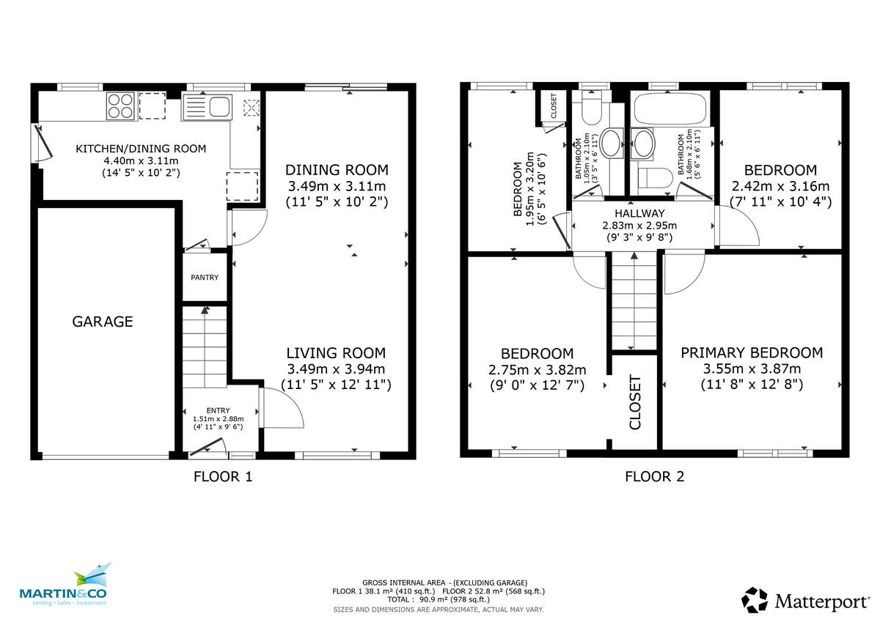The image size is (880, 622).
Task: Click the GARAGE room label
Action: click(x=103, y=322)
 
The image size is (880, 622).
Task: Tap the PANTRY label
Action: click(x=205, y=278)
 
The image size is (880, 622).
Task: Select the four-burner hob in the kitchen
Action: click(x=121, y=105)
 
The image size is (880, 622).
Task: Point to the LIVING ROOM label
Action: click(x=336, y=353)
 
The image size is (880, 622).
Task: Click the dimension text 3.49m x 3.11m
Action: click(x=336, y=185)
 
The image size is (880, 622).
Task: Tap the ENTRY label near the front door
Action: click(x=218, y=410)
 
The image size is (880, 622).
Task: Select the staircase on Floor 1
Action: click(x=205, y=348)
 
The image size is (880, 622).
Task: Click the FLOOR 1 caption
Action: click(x=223, y=477)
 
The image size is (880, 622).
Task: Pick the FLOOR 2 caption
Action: click(x=654, y=477)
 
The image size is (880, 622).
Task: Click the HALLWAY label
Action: click(x=639, y=213)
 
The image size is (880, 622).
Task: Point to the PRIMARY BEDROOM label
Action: click(x=752, y=353)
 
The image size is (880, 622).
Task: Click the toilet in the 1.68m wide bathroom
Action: click(x=656, y=178)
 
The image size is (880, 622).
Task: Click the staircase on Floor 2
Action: click(x=634, y=300)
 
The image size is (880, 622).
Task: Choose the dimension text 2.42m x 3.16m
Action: click(x=780, y=186)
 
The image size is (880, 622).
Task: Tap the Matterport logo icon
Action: click(x=755, y=600)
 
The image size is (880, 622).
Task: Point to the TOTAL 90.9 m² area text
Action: click(x=439, y=599)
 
